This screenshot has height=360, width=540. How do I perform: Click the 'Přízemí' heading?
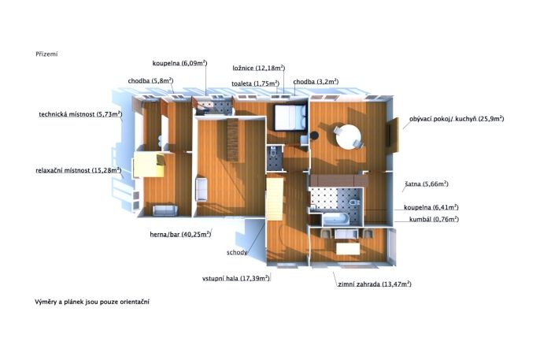coord(46,54)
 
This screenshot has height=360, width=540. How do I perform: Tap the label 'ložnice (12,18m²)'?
coord(259,68)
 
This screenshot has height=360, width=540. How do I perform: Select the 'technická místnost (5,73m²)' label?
coord(80,114)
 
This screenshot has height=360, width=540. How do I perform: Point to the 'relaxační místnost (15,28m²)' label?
coord(79,170)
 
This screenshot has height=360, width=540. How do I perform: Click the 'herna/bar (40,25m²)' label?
coord(180,234)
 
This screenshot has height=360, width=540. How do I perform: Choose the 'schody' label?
coord(237,253)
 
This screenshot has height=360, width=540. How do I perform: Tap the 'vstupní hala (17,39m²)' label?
coord(236,278)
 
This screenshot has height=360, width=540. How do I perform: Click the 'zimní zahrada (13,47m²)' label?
coord(375,284)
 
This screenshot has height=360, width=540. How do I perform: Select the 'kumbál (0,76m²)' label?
coord(434,219)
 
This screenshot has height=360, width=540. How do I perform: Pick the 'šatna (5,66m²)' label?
coord(427,184)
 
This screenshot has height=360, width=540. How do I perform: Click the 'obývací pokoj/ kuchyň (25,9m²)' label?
coord(457,119)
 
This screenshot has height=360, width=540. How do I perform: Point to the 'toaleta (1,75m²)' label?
coord(255,84)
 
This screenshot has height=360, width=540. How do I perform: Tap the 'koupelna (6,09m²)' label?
coord(179,63)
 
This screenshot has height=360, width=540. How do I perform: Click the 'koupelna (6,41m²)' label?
coord(431,207)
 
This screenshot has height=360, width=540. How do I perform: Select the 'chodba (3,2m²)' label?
coord(316,82)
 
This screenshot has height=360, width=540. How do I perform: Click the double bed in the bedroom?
coord(290,117)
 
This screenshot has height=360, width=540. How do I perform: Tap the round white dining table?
coord(348,137)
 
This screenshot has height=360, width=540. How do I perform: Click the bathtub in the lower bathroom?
coord(336,219)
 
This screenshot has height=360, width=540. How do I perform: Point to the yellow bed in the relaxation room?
coord(149,165)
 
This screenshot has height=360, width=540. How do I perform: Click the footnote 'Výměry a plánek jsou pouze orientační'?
coord(92,302)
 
